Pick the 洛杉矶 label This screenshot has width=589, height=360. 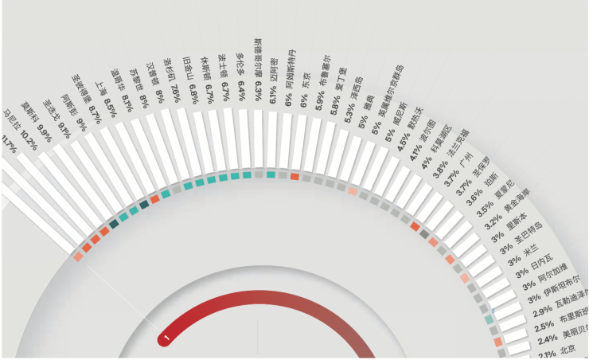click(x=169, y=68)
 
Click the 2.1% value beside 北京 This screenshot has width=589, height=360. click(x=546, y=353)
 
